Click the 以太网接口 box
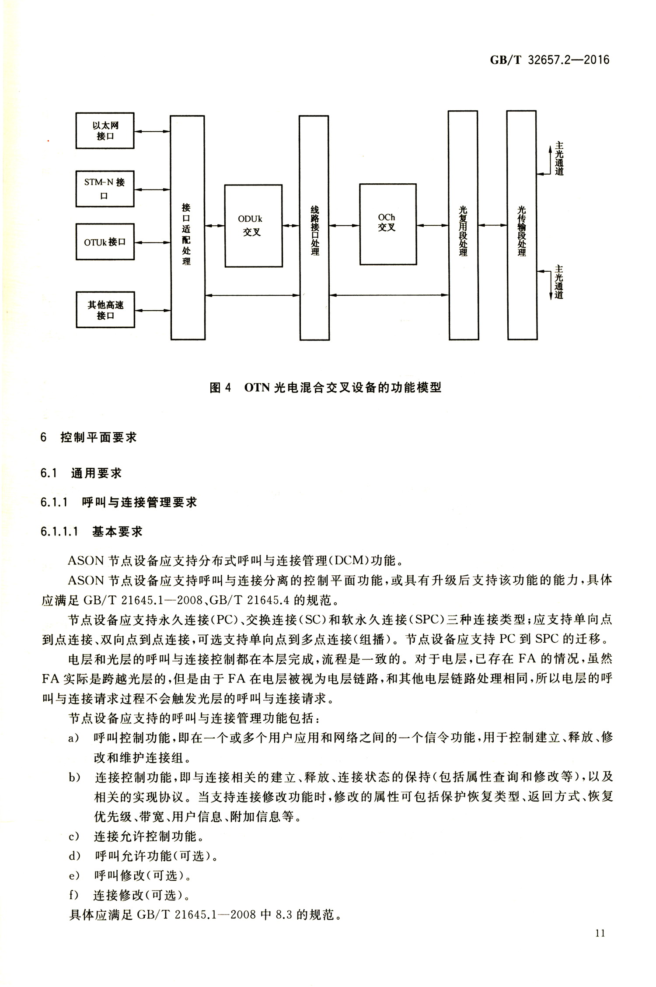tap(105, 131)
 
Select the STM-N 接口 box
tap(105, 189)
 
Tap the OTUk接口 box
tap(105, 242)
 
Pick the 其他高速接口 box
tap(105, 309)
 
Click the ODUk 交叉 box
tap(253, 226)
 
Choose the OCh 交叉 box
tap(388, 224)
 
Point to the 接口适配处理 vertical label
tap(187, 234)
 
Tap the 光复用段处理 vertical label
tap(463, 231)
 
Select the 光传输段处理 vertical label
tap(521, 231)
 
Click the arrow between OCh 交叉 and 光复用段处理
tap(433, 225)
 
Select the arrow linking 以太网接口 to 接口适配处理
tap(152, 131)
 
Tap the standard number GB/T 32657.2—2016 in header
tap(549, 60)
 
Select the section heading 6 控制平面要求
tap(89, 437)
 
